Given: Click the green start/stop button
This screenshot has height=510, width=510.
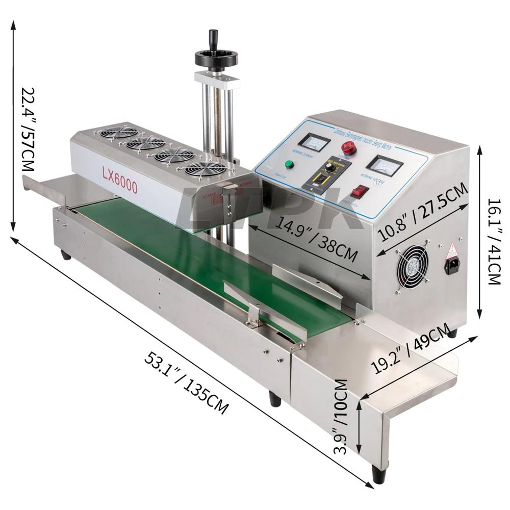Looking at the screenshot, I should pyautogui.click(x=289, y=164).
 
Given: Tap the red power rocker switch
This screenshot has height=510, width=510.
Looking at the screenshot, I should pyautogui.click(x=360, y=192).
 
